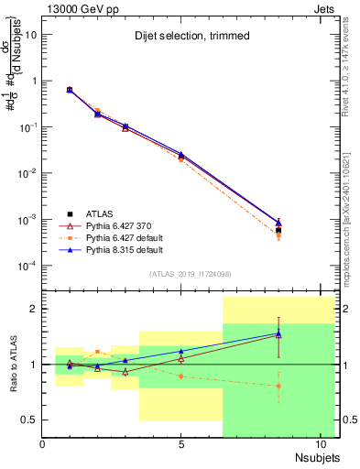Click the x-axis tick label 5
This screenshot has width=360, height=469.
181,444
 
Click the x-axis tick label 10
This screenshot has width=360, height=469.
321,444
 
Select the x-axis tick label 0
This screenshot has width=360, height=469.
42,444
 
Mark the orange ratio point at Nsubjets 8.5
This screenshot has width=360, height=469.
278,386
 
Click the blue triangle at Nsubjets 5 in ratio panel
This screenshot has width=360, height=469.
181,352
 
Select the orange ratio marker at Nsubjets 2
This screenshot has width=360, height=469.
98,352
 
